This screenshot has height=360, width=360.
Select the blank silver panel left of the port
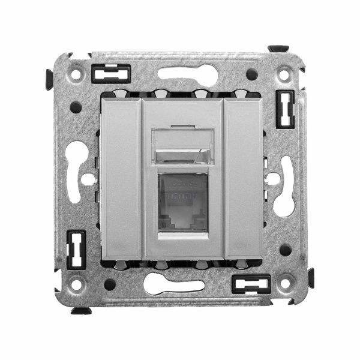[121, 178]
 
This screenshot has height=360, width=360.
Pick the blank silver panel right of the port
[242, 178]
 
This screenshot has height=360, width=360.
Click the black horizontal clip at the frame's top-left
[111, 73]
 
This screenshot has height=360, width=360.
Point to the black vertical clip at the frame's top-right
[284, 109]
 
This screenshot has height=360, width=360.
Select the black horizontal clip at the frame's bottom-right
[251, 284]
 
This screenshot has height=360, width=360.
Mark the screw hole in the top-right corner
[283, 76]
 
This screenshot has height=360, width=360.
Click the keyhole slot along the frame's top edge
[187, 74]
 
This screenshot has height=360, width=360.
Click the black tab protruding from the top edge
[278, 48]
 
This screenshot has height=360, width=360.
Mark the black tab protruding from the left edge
[49, 79]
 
